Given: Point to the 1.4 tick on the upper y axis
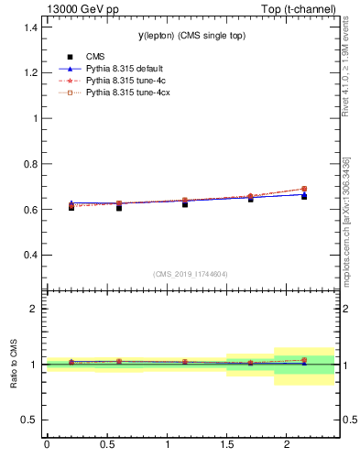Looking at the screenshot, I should coord(29,27).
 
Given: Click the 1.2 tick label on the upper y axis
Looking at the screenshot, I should coord(29,72).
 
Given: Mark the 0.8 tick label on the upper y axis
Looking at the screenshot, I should coord(29,164).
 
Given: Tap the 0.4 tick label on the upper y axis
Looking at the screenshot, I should coord(29,255).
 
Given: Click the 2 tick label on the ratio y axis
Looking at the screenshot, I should coord(34,309).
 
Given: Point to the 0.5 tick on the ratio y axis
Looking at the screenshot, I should coord(29,420).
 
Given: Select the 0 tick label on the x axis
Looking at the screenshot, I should coord(47,444).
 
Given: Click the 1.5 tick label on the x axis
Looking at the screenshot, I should coord(227,444).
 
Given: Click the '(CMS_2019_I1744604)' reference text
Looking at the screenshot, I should coord(191,273).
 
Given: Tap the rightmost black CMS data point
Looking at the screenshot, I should coord(304,197).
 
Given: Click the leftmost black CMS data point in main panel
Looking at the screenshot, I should coord(71,208).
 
